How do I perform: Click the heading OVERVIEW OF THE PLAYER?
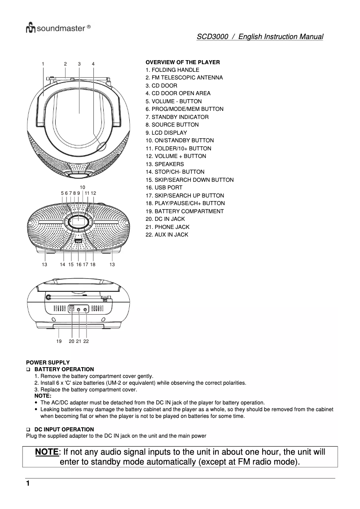pos(183,62)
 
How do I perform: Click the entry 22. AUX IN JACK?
pos(167,235)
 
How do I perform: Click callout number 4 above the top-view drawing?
pos(93,64)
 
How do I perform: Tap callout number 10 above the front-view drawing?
pos(83,187)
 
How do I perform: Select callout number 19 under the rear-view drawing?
pos(59,342)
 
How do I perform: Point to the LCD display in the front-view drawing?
pos(78,221)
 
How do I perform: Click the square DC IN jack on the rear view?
pos(72,309)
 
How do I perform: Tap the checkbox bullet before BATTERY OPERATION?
pos(28,369)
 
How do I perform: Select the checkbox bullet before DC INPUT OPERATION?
pos(28,430)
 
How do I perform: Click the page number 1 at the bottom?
pos(28,483)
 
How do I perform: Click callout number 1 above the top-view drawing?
pos(43,64)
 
